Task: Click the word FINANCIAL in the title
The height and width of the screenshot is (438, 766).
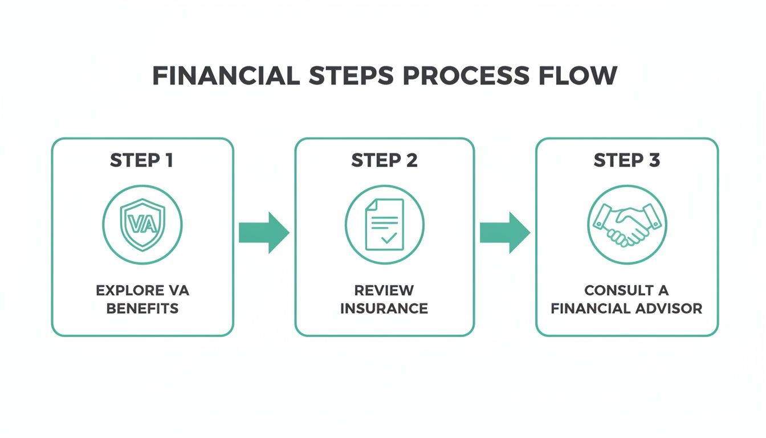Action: click(226, 76)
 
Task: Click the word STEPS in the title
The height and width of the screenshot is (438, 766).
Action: click(348, 76)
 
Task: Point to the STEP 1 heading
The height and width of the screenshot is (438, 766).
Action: click(142, 160)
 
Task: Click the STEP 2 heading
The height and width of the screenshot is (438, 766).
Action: click(384, 160)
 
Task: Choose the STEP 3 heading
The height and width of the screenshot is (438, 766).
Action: click(627, 160)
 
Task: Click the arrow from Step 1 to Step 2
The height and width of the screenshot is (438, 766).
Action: click(264, 233)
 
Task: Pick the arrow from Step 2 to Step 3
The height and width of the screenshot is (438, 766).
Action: click(505, 233)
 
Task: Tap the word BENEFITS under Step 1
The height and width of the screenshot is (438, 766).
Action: click(142, 309)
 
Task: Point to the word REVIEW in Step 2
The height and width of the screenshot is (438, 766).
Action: click(384, 290)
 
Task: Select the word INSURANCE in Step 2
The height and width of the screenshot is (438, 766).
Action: click(384, 309)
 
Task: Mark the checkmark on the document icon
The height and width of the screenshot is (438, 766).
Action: click(389, 238)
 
